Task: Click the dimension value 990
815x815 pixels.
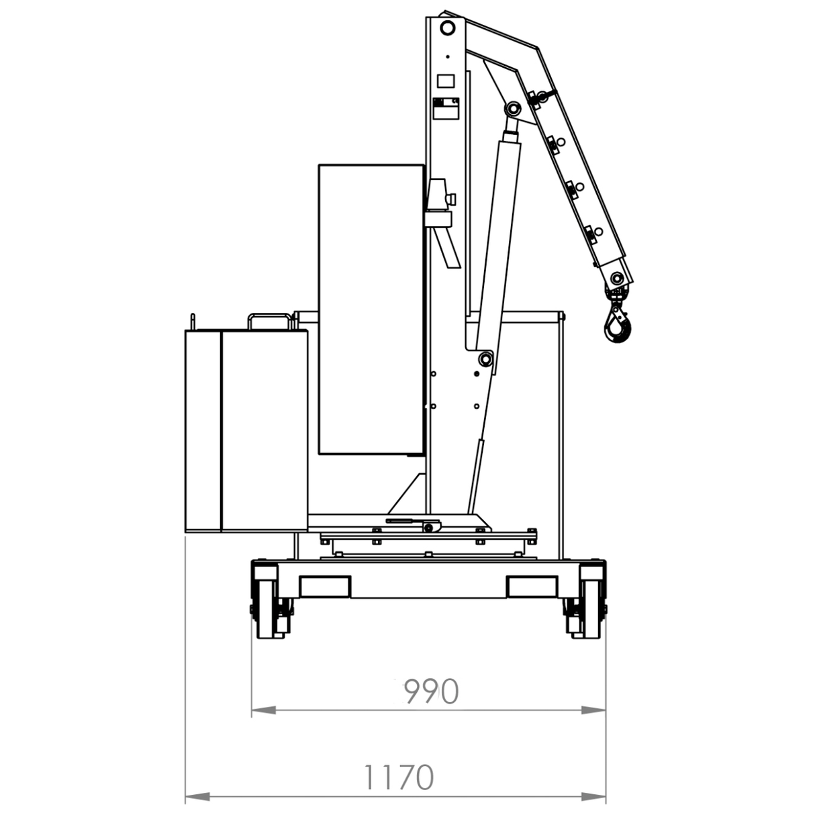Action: tap(430, 691)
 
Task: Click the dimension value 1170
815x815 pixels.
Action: tap(398, 778)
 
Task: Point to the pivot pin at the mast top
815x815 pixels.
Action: tap(447, 28)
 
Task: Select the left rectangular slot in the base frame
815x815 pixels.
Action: tap(325, 587)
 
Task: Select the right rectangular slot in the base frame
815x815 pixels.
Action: tap(532, 587)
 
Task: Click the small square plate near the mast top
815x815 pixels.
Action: tap(446, 82)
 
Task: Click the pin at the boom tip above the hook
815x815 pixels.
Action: tap(618, 276)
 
